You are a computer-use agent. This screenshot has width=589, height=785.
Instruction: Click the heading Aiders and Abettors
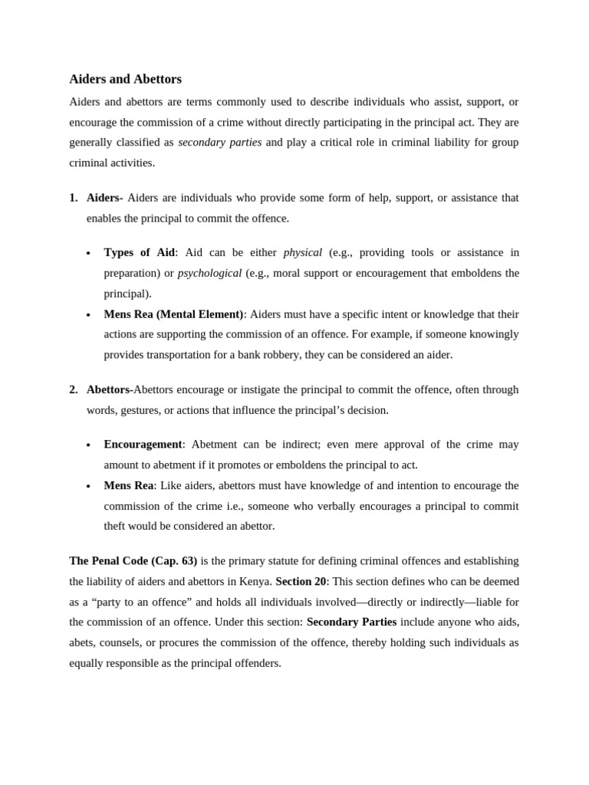click(125, 79)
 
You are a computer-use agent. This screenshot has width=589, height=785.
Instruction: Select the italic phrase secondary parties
click(219, 142)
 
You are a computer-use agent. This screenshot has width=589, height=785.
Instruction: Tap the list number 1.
click(73, 198)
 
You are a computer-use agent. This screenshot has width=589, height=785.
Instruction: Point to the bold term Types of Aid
click(139, 252)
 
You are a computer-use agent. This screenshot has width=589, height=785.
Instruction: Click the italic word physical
click(302, 252)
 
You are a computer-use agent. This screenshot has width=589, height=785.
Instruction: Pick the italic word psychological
click(209, 273)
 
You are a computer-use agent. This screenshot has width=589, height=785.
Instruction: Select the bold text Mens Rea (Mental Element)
click(173, 314)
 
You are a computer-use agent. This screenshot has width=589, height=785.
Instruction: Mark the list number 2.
click(73, 389)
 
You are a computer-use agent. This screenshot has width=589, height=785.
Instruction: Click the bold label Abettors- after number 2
click(110, 389)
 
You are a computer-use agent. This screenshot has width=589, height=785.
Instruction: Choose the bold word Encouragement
click(143, 445)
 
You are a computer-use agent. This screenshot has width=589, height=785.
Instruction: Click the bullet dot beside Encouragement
click(88, 445)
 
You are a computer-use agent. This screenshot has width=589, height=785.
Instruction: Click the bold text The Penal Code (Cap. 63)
click(133, 560)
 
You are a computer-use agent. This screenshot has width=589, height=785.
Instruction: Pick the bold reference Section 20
click(301, 581)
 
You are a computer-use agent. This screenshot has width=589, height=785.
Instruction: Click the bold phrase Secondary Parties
click(351, 622)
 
